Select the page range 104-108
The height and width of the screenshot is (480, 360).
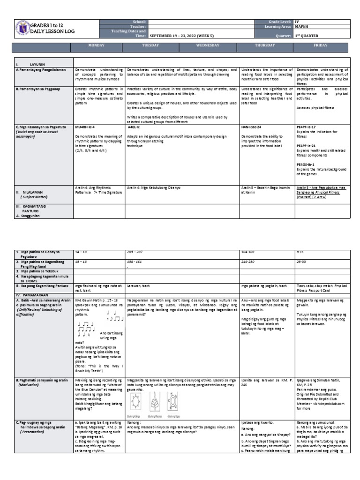click(248, 252)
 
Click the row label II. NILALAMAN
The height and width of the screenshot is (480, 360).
click(32, 192)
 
